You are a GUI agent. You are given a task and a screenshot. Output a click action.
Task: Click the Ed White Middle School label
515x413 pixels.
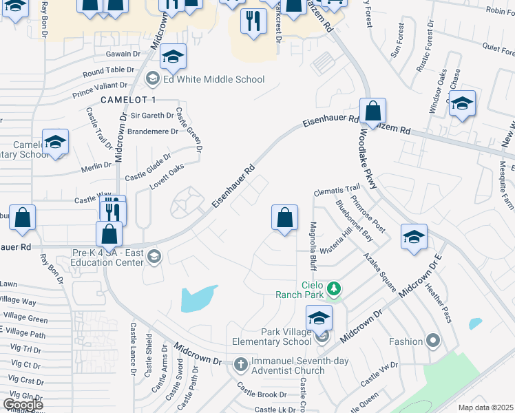213,80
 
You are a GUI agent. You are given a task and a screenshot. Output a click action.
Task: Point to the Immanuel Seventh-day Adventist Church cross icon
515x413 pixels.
240,363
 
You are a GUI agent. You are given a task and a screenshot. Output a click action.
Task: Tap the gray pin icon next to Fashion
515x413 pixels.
432,341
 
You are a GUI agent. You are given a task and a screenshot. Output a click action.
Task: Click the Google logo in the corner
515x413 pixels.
22,404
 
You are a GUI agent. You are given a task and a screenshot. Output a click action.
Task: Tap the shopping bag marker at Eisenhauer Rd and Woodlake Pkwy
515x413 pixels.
372,111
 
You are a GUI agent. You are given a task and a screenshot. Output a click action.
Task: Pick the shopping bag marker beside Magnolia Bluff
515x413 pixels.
284,218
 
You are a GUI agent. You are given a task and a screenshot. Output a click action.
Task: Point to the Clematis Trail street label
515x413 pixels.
337,188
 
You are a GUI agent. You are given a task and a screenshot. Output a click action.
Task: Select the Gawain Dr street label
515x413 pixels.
123,53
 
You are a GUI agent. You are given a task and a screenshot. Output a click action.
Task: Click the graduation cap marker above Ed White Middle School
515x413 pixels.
174,56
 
